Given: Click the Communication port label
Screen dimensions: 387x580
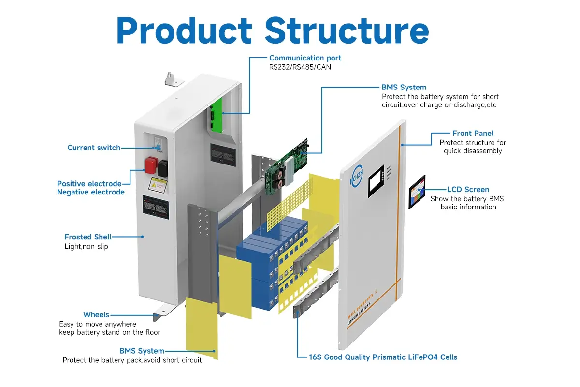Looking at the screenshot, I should pos(305,58).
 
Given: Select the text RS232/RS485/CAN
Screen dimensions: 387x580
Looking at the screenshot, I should pos(300,67).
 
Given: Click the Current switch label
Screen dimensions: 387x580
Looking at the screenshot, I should pos(94,148).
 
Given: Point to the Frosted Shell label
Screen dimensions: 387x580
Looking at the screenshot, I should pos(88,237).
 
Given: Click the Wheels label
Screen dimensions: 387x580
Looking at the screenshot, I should pos(96,315).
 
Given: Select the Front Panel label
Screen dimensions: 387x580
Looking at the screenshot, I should pos(473,134).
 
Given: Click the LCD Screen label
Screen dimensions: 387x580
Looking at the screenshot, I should pos(468,190).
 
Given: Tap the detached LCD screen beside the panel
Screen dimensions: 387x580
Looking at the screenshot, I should pos(417,192).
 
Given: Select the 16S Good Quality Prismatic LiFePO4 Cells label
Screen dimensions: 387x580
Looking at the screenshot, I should pos(383,357).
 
